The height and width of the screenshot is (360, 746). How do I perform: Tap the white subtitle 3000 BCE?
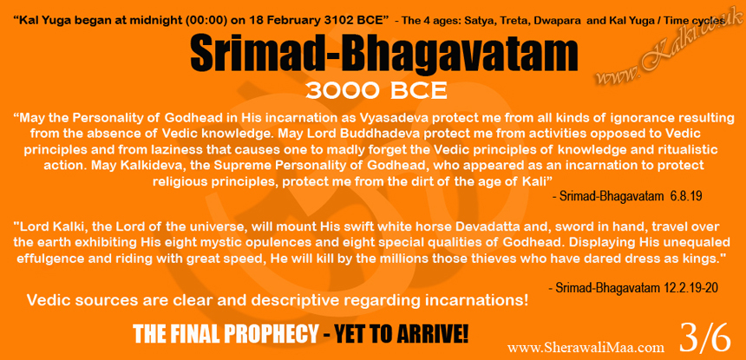coord(376,90)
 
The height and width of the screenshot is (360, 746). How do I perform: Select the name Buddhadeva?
coord(350,134)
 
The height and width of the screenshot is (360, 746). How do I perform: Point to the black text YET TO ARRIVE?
coord(401,334)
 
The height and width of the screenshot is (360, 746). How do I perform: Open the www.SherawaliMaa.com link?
coord(586,348)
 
